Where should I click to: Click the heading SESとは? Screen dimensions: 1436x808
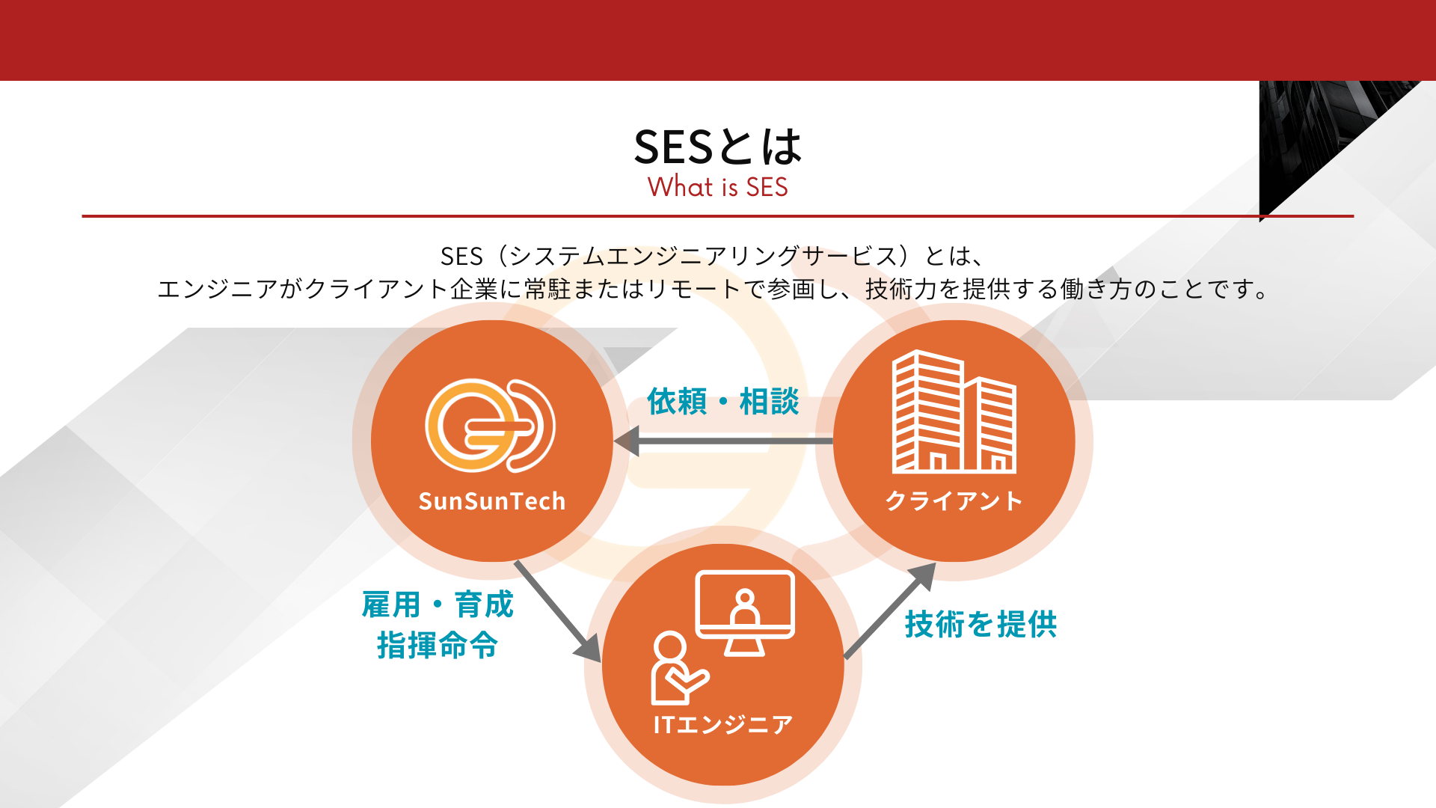[x=718, y=146]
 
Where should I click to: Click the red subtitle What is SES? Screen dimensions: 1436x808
[x=718, y=187]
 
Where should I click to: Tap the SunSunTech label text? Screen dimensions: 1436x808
[x=492, y=501]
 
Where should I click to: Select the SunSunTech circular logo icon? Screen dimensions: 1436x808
[x=491, y=426]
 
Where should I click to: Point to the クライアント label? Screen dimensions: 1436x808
[x=954, y=501]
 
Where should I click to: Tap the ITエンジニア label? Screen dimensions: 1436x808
[x=722, y=724]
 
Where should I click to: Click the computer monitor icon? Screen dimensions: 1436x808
[x=745, y=613]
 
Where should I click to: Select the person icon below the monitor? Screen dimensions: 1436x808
[x=678, y=668]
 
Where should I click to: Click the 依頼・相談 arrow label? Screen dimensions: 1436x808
[x=723, y=402]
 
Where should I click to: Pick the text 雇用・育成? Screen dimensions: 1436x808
[x=438, y=605]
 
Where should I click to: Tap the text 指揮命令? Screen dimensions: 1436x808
[x=438, y=645]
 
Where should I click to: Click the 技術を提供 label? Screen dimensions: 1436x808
[x=981, y=624]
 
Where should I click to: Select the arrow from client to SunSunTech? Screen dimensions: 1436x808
[x=723, y=441]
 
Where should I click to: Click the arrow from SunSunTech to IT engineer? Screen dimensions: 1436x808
[x=558, y=611]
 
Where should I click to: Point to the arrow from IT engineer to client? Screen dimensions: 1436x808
[x=890, y=610]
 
